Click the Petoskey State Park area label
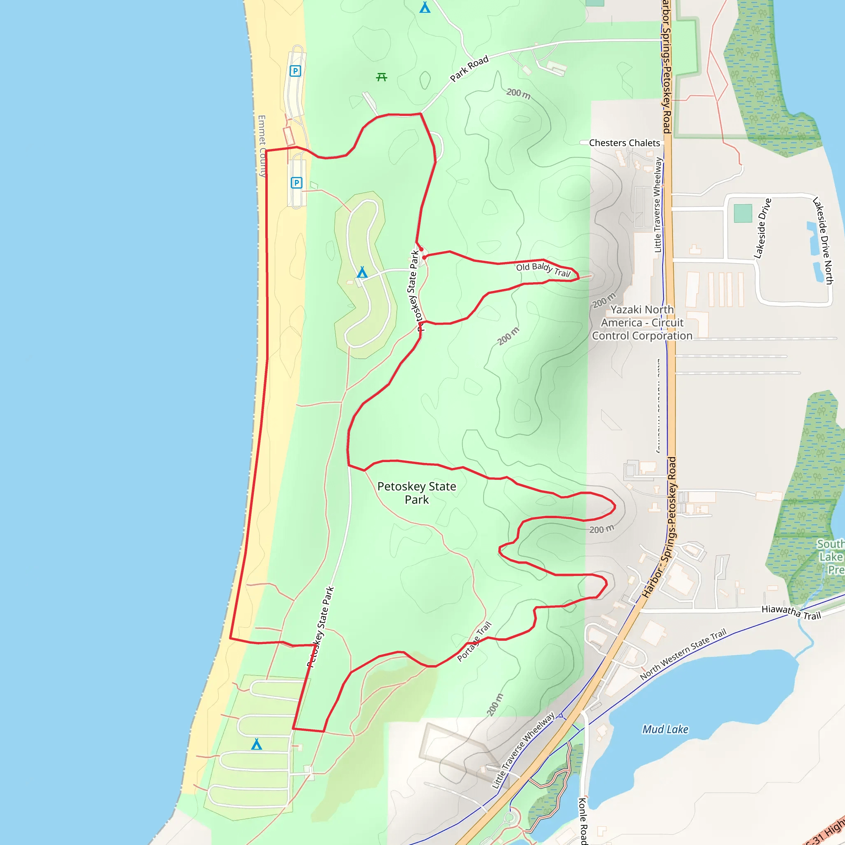pyautogui.click(x=416, y=493)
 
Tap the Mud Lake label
pyautogui.click(x=665, y=729)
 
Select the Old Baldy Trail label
pyautogui.click(x=543, y=269)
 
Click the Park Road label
pyautogui.click(x=469, y=68)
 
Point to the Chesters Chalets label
pyautogui.click(x=624, y=143)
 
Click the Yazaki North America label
pyautogui.click(x=642, y=323)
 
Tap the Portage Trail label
pyautogui.click(x=474, y=642)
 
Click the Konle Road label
pyautogui.click(x=583, y=821)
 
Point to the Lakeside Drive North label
pyautogui.click(x=822, y=241)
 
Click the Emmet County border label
pyautogui.click(x=262, y=146)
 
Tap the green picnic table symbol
pyautogui.click(x=381, y=78)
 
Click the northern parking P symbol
pyautogui.click(x=295, y=71)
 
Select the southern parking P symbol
pyautogui.click(x=297, y=183)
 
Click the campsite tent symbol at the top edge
pyautogui.click(x=425, y=7)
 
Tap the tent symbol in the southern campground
pyautogui.click(x=257, y=744)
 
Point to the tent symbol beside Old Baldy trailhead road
pyautogui.click(x=362, y=272)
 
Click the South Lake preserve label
pyautogui.click(x=830, y=557)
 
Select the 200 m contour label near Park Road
pyautogui.click(x=518, y=93)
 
